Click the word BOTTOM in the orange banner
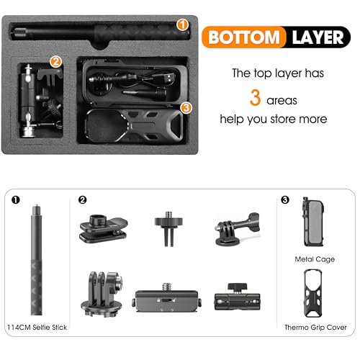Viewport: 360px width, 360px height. tap(244, 37)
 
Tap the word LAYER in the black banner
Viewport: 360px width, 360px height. tap(318, 37)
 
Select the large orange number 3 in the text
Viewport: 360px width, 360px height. tap(255, 97)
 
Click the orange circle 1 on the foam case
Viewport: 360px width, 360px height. tap(182, 24)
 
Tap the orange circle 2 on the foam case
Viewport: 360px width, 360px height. tap(55, 62)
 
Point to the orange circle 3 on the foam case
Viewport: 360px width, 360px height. tap(186, 107)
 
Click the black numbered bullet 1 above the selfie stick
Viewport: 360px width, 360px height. tap(16, 199)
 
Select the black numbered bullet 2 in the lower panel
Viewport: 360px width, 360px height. tap(82, 199)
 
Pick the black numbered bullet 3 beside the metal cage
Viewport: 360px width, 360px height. tap(285, 199)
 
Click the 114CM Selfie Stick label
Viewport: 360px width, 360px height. tap(37, 328)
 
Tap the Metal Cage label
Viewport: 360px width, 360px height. tap(315, 259)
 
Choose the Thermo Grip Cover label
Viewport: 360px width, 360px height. tap(315, 328)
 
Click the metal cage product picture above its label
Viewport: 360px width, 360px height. tap(313, 222)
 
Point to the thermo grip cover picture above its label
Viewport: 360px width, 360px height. tap(313, 293)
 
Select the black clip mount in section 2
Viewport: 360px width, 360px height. tap(104, 228)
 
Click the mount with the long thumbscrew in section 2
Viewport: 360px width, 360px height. tap(237, 229)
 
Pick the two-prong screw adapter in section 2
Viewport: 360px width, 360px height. tap(168, 229)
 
